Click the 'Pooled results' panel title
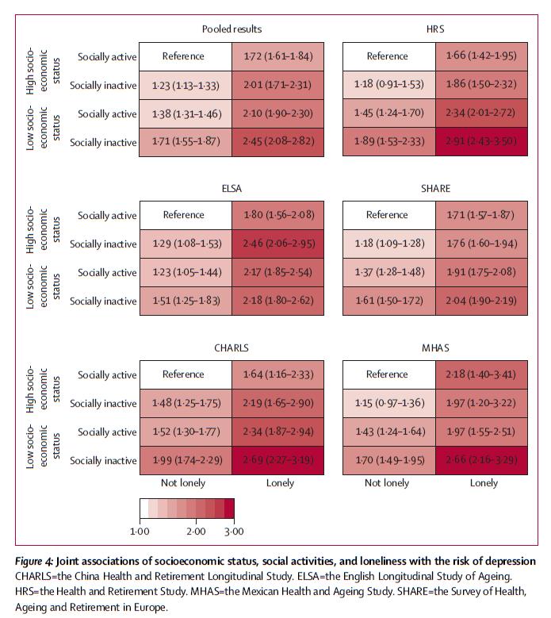pos(231,29)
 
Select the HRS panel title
pos(435,29)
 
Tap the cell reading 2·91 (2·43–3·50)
pos(481,143)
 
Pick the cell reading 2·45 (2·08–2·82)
pos(277,143)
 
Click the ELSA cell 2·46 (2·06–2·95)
pos(277,244)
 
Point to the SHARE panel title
pos(435,188)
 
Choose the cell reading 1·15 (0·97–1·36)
pos(388,404)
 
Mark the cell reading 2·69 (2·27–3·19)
pos(277,461)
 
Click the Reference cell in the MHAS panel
pos(388,374)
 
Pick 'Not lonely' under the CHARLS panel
pos(183,482)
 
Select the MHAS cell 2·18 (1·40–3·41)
pos(481,374)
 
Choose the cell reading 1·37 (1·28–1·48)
pos(388,273)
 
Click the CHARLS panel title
pos(231,347)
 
